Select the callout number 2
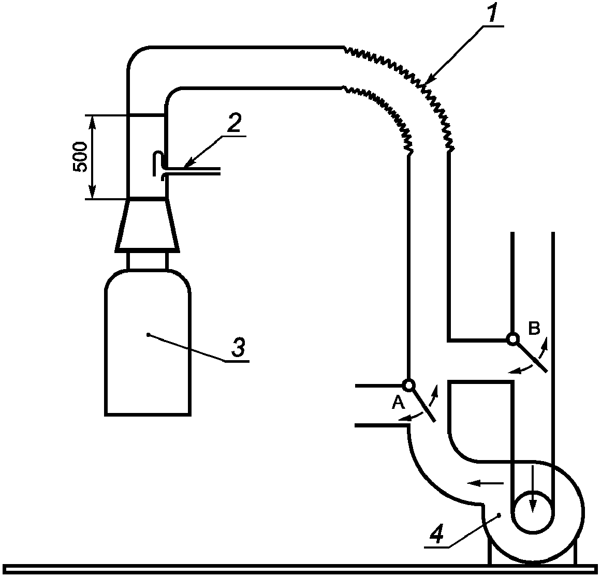click(x=233, y=122)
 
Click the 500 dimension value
click(x=80, y=157)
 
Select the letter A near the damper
click(x=398, y=402)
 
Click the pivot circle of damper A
click(x=408, y=384)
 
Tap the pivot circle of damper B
click(x=512, y=338)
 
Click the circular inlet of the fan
click(x=533, y=511)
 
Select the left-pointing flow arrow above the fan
click(x=485, y=483)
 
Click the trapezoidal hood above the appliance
click(x=147, y=225)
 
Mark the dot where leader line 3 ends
click(x=148, y=335)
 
